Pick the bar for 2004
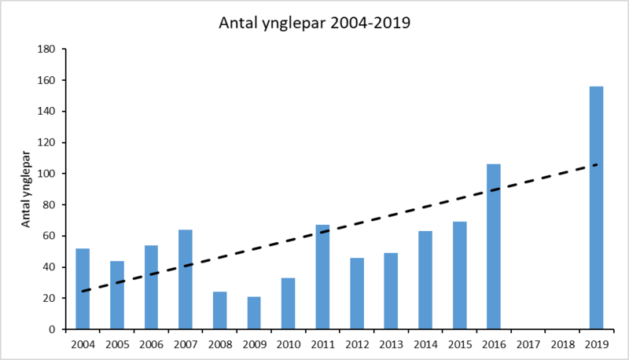click(83, 288)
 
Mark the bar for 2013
click(391, 291)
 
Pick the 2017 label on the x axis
click(528, 343)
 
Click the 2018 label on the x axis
click(562, 343)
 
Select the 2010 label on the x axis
click(288, 343)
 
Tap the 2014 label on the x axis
click(425, 343)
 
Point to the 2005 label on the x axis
click(116, 343)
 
